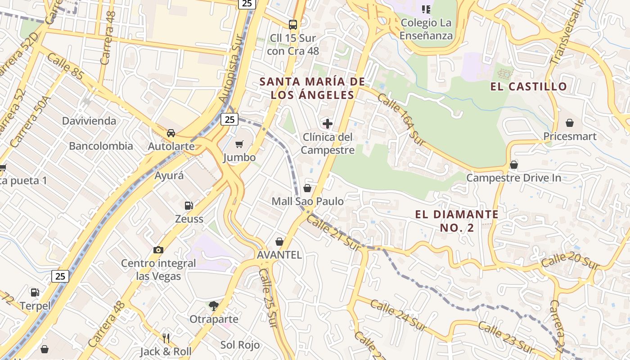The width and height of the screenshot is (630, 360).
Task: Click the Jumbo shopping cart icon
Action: coord(239,144)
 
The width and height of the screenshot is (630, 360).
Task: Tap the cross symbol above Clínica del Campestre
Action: coord(328,123)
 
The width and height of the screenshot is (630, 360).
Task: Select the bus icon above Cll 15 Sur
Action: coord(293,24)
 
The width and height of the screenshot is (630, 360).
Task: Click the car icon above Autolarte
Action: coord(171,133)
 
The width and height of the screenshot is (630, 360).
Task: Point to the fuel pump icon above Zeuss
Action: coord(189,206)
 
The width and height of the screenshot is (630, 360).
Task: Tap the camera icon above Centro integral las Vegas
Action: coord(158,250)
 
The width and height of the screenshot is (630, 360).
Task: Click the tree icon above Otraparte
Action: coord(213,306)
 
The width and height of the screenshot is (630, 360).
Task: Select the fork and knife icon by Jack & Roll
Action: coord(166,338)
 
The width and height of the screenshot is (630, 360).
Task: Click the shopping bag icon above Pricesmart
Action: coord(570,123)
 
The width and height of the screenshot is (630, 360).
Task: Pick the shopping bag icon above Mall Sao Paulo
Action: coord(307,188)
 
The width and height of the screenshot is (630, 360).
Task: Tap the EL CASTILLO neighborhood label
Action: coord(529,87)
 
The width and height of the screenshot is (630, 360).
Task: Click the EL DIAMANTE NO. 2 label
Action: coord(457,221)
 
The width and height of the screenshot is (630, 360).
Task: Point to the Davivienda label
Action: coord(89,121)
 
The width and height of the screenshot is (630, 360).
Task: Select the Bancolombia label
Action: coord(101,146)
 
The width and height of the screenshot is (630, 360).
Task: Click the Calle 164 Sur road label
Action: coord(401,119)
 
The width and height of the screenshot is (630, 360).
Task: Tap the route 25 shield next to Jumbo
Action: coord(229,119)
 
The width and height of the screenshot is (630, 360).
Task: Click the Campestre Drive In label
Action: coord(513,178)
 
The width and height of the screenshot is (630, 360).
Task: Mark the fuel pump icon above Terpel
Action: coord(35,292)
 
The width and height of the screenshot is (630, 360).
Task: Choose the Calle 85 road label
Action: coord(65,67)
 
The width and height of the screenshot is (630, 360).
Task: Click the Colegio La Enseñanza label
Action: coord(426,29)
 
